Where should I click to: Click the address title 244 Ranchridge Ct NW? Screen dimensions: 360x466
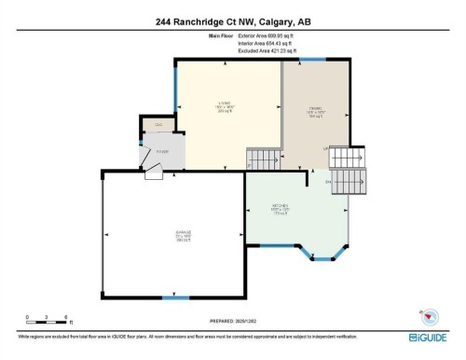point(232,21)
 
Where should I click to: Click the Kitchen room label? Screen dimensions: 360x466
point(281,210)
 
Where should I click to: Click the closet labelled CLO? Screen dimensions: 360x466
point(158,125)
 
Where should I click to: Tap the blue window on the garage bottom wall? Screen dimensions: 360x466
point(171,298)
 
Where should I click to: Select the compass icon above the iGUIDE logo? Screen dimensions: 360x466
point(431,313)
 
